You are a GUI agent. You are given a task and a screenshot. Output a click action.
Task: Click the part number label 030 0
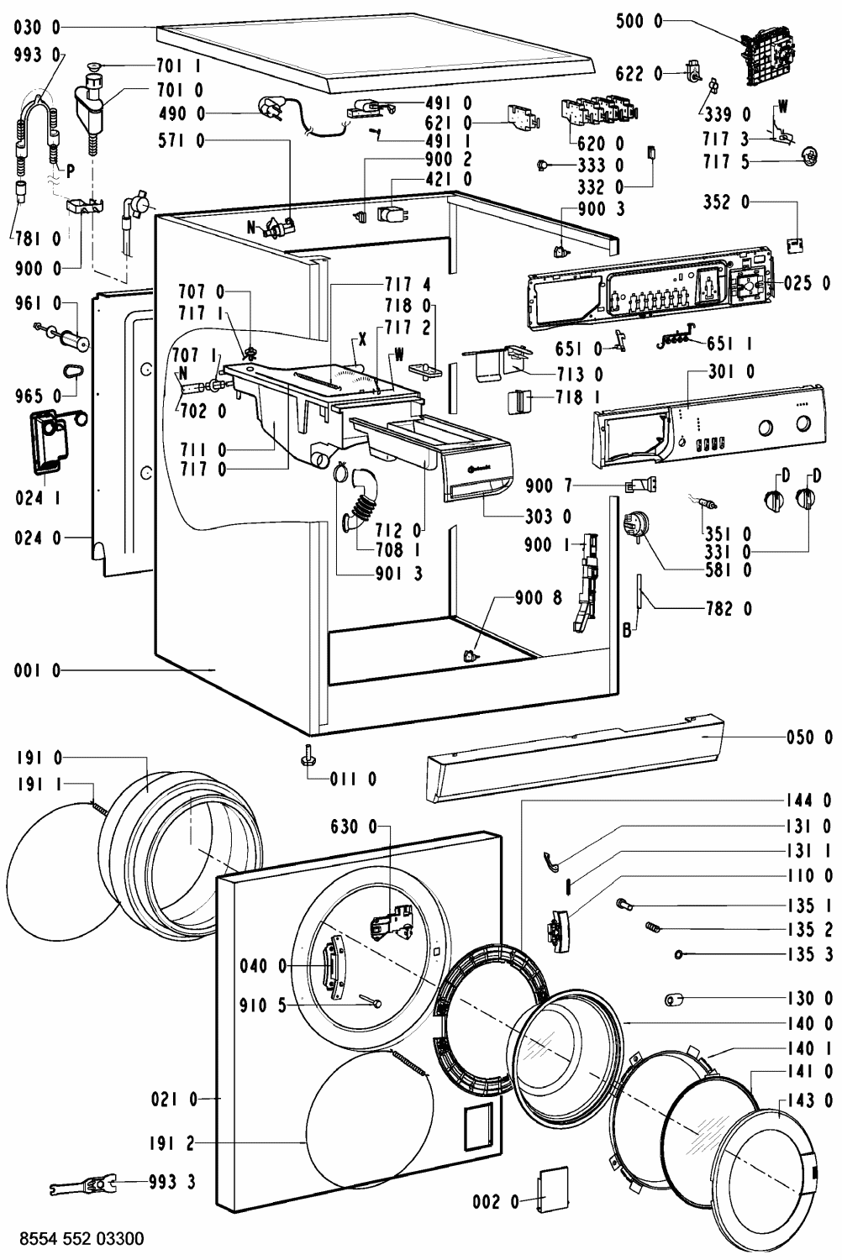point(37,27)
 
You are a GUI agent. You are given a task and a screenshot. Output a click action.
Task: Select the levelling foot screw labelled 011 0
point(308,755)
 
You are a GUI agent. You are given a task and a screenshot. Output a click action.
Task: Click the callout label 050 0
point(809,737)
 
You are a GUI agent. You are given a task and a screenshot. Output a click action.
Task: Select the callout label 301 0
point(730,371)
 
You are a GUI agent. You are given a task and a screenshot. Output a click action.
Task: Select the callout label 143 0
point(809,1099)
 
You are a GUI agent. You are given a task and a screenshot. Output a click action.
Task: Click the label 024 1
point(39,498)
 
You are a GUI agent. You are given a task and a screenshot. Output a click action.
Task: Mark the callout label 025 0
point(807,283)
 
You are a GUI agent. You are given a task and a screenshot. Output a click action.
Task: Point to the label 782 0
point(729,608)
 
